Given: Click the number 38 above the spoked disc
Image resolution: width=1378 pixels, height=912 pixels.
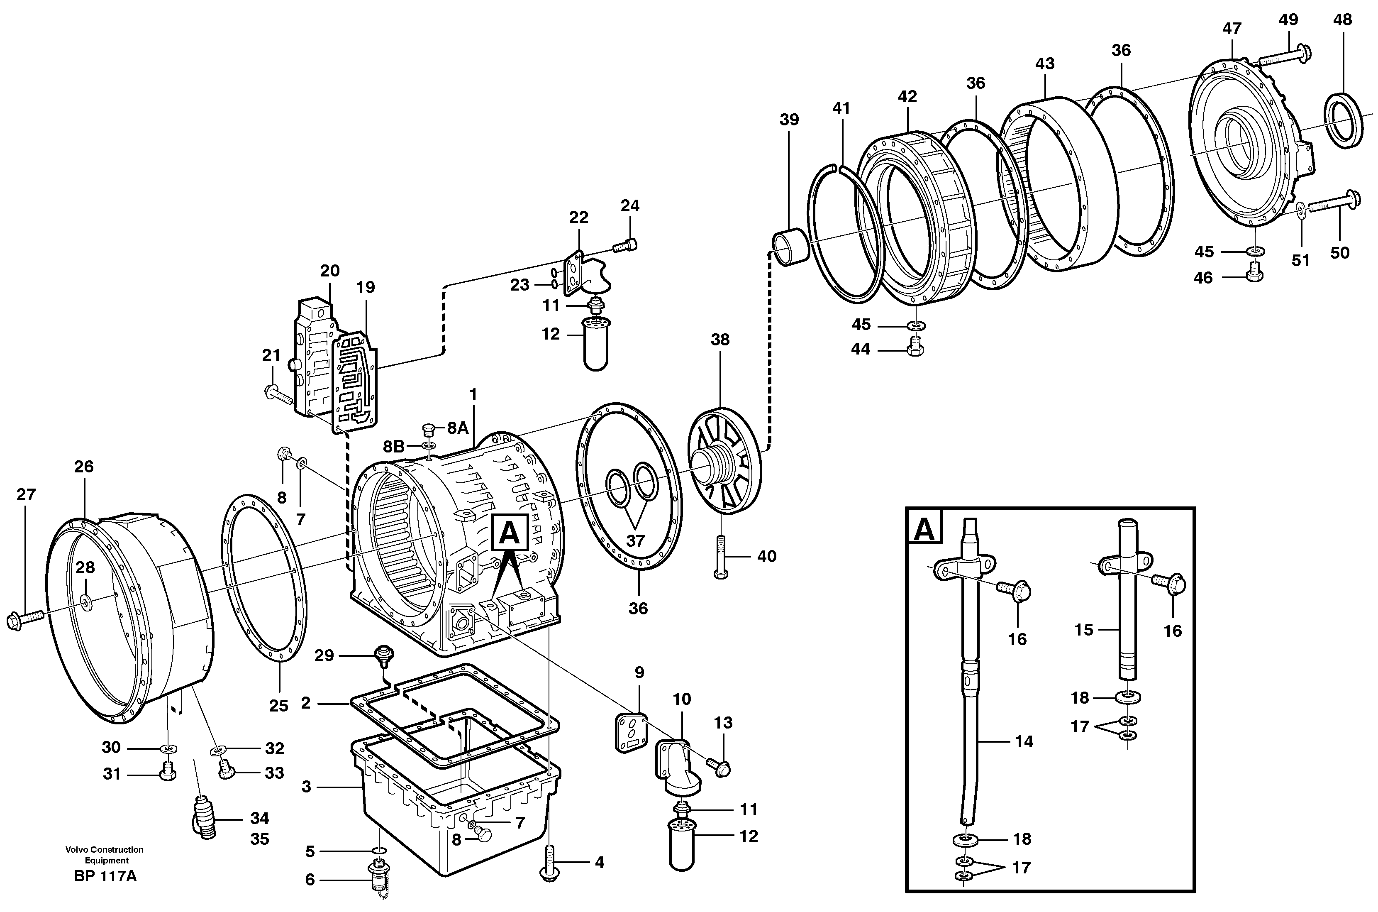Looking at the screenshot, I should point(720,340).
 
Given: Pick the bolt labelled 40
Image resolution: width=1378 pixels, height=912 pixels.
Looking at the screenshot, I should point(720,557).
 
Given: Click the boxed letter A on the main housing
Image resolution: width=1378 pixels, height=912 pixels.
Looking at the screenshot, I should point(510,532).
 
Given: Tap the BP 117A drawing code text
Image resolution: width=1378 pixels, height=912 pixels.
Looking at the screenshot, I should point(105,876).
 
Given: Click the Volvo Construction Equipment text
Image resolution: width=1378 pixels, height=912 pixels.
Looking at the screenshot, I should point(105,855).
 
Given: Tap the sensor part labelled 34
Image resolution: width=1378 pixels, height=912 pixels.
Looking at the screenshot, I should point(203,818).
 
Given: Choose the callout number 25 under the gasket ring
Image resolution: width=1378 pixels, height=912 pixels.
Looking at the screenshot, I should point(278,706).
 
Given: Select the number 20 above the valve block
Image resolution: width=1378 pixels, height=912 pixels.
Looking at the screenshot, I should point(330,271).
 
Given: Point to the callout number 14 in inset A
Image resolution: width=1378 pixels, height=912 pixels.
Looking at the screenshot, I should point(1024,741).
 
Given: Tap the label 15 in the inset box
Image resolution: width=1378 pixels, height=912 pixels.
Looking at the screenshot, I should point(1084,629).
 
